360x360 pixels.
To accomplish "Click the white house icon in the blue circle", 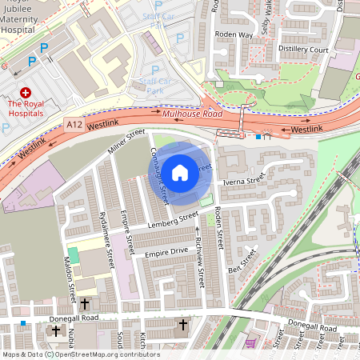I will [180, 172].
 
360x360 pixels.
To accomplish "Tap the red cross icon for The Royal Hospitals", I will [25, 93].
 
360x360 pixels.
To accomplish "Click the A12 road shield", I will [74, 125].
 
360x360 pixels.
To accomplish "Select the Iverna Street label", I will [244, 182].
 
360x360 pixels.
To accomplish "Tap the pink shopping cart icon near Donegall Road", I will [251, 342].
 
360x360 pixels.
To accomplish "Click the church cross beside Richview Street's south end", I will [183, 325].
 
